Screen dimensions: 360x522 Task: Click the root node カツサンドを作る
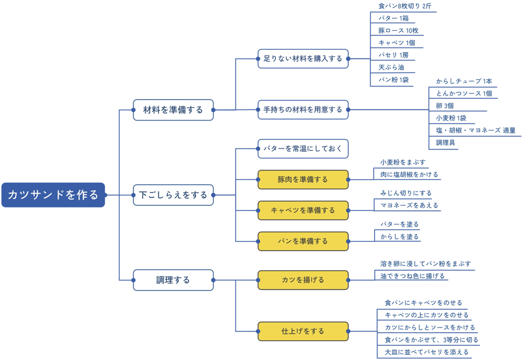(x=53, y=195)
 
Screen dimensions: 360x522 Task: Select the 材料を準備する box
(x=173, y=110)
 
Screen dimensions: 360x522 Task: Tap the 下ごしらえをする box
(x=173, y=195)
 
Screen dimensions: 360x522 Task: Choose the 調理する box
(x=173, y=280)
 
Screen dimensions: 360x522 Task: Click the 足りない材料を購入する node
(x=303, y=59)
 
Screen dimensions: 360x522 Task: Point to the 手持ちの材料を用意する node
(x=303, y=110)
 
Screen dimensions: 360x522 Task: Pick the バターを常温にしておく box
(x=303, y=149)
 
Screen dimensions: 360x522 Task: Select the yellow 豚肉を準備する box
(x=303, y=180)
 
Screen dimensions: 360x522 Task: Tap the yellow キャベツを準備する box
(x=303, y=210)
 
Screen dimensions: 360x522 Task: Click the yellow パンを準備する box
(x=303, y=241)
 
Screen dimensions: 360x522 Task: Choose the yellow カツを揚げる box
(x=303, y=280)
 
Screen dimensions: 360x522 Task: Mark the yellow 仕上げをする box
(x=303, y=332)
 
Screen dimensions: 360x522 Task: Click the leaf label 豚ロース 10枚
(x=398, y=31)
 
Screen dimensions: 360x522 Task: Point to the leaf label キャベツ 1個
(x=397, y=43)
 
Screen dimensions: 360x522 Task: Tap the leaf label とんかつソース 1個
(x=464, y=93)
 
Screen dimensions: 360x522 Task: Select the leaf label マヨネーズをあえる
(x=409, y=205)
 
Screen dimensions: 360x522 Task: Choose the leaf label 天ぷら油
(x=391, y=67)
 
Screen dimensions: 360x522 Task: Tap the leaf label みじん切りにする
(x=405, y=193)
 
